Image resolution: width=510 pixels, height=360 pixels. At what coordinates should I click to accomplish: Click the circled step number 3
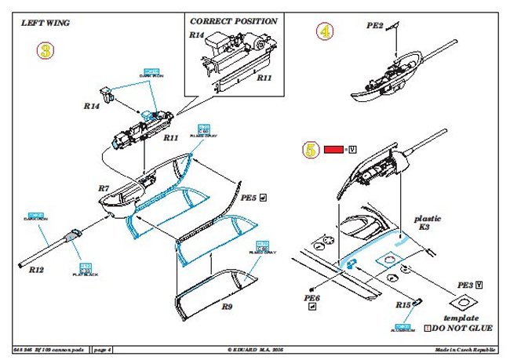(46, 52)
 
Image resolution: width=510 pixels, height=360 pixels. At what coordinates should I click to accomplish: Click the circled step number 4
(324, 32)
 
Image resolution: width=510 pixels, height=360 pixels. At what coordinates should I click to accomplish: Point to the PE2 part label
(375, 26)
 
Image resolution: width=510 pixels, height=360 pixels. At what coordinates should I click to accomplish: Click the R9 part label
(226, 307)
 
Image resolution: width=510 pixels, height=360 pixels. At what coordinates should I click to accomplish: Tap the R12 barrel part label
(37, 268)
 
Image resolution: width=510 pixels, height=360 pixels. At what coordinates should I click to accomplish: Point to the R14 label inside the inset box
(196, 35)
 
